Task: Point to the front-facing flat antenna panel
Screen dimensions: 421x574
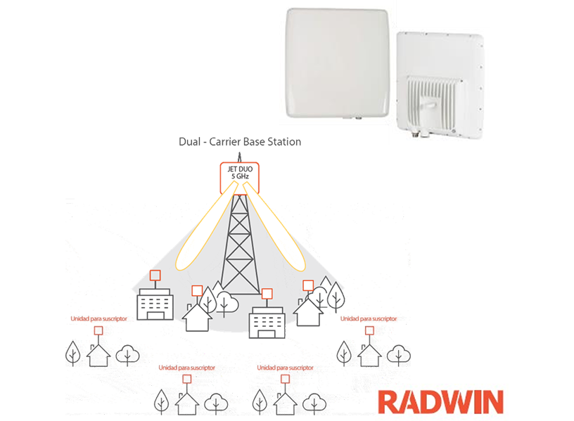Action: coord(337,63)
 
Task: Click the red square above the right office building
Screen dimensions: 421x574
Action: coord(267,293)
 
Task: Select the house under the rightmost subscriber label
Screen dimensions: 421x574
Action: coord(368,355)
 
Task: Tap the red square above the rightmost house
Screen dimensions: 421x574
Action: coord(366,331)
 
